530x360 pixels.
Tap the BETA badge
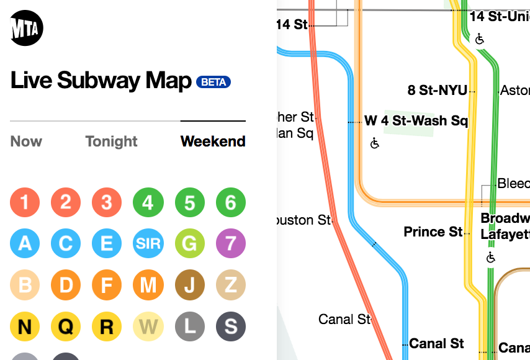click(x=213, y=82)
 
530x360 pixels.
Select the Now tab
click(x=26, y=142)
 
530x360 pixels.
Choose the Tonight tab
click(x=112, y=142)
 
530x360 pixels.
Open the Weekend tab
click(x=213, y=142)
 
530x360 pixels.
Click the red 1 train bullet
click(x=25, y=202)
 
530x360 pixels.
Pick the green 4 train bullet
click(x=148, y=202)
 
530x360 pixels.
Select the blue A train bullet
click(x=25, y=243)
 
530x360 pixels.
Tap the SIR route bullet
click(x=148, y=243)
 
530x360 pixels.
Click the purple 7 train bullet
click(x=230, y=243)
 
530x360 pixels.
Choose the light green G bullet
click(x=189, y=243)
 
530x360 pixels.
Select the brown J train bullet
click(x=189, y=285)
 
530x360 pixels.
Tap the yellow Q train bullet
click(x=66, y=326)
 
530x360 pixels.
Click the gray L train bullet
click(x=189, y=326)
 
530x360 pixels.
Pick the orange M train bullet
click(x=148, y=285)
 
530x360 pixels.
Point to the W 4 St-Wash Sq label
click(x=416, y=120)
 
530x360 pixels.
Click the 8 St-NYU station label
click(x=438, y=91)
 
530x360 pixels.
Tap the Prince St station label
click(x=433, y=232)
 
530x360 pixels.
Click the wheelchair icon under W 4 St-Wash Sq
click(x=375, y=143)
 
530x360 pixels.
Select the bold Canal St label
click(x=436, y=343)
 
